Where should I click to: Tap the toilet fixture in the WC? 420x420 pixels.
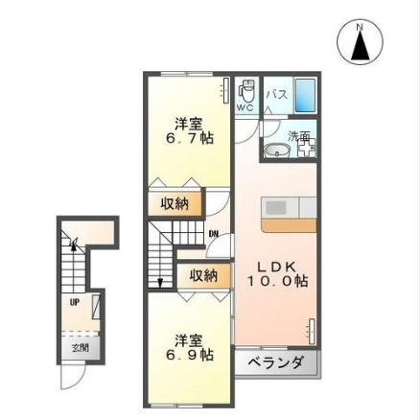(246, 92)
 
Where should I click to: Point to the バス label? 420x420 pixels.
(276, 94)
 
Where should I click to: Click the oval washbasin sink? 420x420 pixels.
(275, 151)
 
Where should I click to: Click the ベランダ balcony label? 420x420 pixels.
(275, 362)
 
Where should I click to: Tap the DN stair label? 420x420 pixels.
(213, 233)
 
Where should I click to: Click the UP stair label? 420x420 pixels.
(74, 301)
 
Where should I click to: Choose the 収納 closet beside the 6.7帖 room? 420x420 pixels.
(175, 203)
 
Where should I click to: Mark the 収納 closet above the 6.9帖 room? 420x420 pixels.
(202, 275)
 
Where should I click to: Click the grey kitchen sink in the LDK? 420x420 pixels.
(276, 207)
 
